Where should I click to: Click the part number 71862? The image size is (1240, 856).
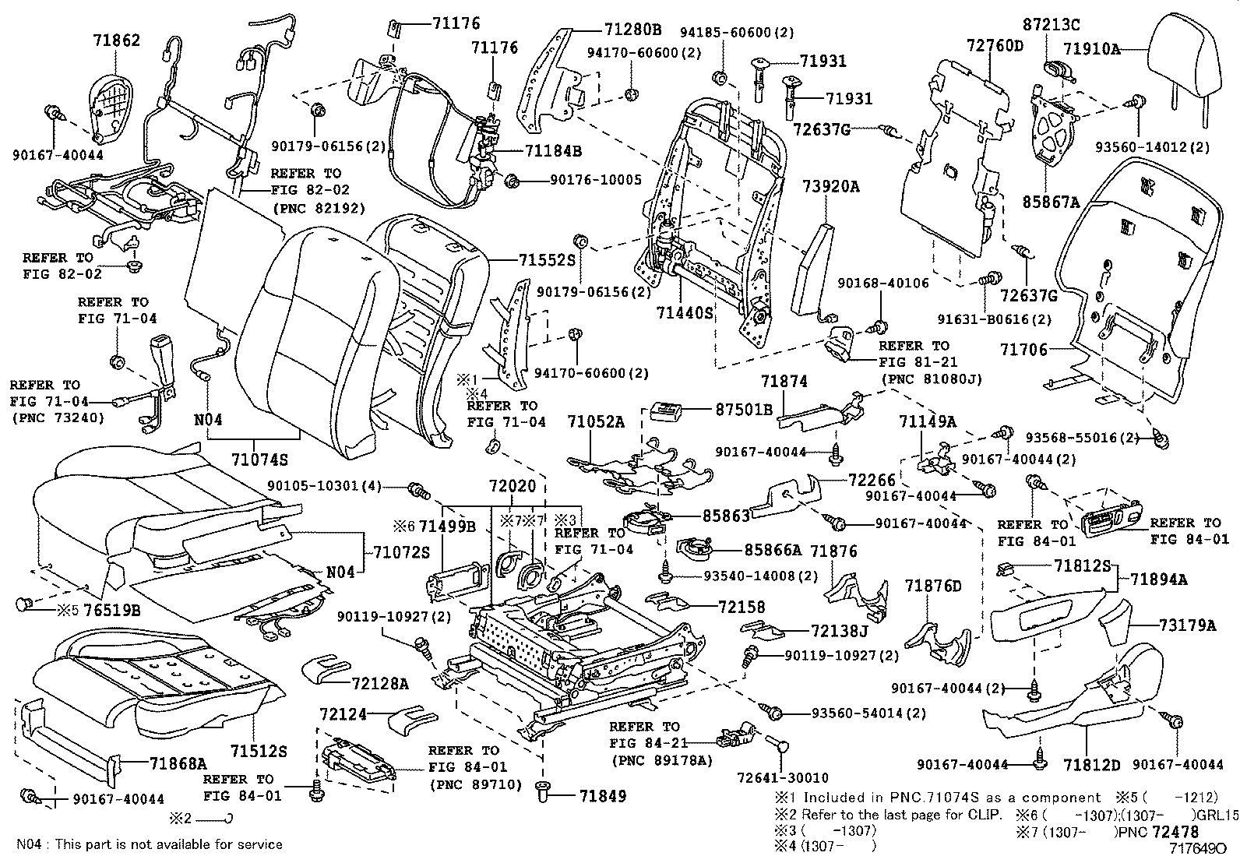pos(117,40)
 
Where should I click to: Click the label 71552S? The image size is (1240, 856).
pos(545,260)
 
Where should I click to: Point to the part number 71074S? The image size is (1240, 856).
pos(259,458)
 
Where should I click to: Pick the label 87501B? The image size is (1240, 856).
pos(744,408)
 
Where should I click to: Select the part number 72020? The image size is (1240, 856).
pos(513,486)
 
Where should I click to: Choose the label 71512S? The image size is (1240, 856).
pos(258,751)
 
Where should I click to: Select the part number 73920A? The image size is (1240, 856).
pos(831,186)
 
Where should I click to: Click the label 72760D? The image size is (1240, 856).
pos(995,44)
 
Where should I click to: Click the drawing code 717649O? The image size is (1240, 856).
pos(1203,846)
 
